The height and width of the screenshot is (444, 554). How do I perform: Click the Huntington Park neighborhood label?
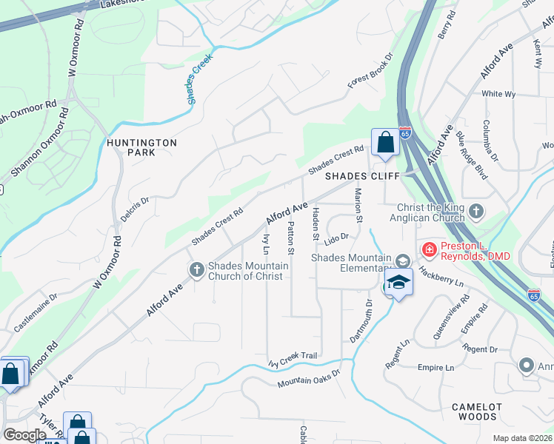[141, 147]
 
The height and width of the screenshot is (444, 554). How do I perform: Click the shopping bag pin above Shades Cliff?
[385, 142]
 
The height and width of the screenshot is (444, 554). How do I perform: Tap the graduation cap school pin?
[398, 283]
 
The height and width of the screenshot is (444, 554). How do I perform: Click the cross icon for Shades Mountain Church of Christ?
[197, 270]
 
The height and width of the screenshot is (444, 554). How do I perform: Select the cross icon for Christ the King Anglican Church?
[475, 213]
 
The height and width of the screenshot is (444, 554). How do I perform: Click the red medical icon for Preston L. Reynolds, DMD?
[428, 250]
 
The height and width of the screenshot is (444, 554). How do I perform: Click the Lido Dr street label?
[336, 237]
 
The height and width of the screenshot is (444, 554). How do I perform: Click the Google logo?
[24, 435]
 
